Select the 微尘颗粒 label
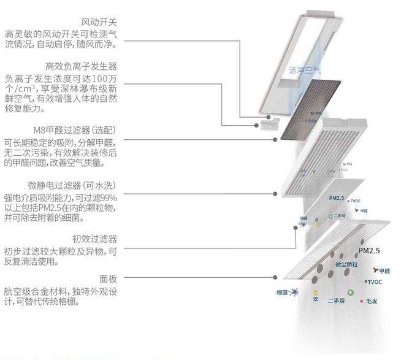tap(348, 264)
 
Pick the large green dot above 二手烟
tap(351, 293)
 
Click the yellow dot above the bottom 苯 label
tap(315, 293)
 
